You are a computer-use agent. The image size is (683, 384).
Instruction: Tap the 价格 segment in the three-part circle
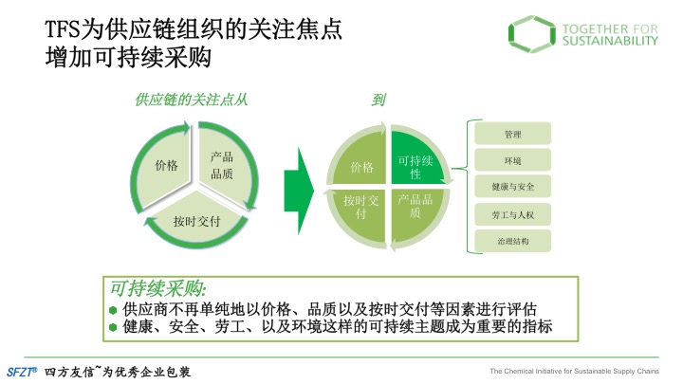click(165, 166)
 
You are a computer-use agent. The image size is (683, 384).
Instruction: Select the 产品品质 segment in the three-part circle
click(223, 165)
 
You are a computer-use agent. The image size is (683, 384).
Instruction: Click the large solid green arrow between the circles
click(299, 192)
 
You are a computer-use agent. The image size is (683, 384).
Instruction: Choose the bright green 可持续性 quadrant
click(415, 161)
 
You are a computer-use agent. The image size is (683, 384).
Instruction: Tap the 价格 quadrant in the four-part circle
click(361, 162)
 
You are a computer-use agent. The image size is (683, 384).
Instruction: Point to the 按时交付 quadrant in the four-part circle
click(361, 212)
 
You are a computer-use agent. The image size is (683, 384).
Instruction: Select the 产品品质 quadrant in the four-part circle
click(415, 212)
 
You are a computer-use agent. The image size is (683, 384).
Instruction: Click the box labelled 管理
click(512, 134)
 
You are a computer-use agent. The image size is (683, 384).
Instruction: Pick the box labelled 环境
click(512, 160)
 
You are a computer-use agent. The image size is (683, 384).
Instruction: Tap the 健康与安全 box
click(512, 187)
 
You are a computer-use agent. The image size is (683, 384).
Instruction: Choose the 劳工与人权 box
click(512, 214)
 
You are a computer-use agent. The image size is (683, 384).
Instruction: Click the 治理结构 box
click(512, 241)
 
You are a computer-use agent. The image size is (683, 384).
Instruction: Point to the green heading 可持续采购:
click(158, 288)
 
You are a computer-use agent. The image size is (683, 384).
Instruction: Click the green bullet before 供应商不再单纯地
click(113, 310)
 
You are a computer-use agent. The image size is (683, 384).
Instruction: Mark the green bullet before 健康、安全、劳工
click(113, 327)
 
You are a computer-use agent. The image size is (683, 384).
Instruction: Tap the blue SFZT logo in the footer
click(22, 372)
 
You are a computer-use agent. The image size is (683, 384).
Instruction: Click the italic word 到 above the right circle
click(378, 100)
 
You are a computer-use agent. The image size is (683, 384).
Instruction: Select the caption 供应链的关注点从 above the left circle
click(192, 100)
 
